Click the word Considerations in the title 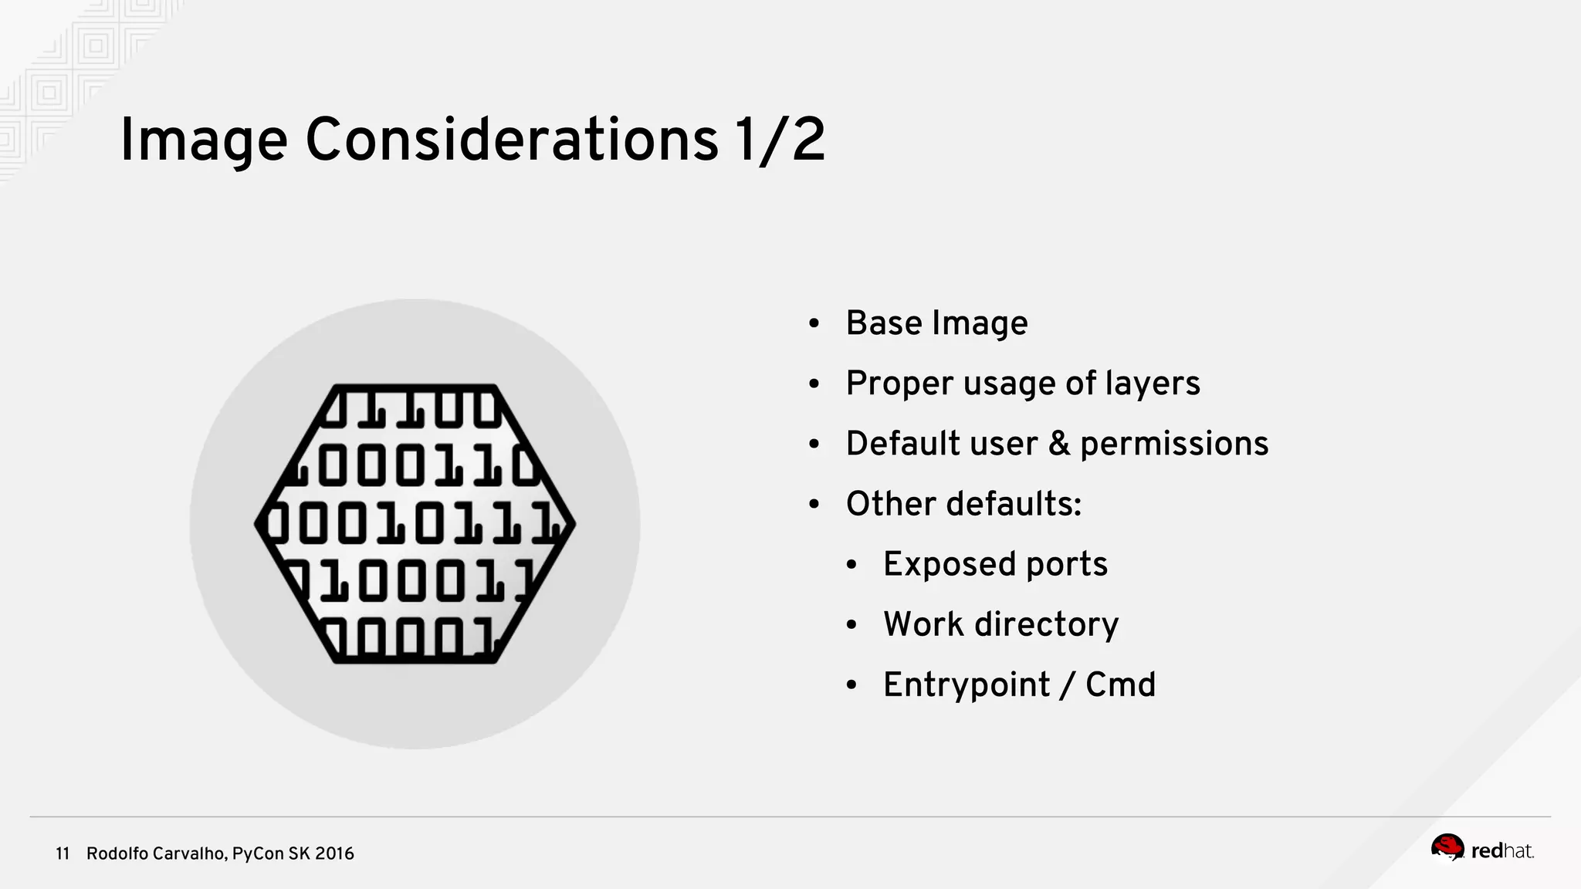pos(512,140)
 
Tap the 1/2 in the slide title pos(780,140)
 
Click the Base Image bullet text pos(936,323)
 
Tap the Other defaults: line pos(963,504)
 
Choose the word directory pos(1046,625)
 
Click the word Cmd pos(1120,685)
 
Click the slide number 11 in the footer pos(63,854)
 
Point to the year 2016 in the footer pos(334,854)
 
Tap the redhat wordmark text pos(1501,851)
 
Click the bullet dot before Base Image pos(814,324)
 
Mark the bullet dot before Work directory pos(851,625)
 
